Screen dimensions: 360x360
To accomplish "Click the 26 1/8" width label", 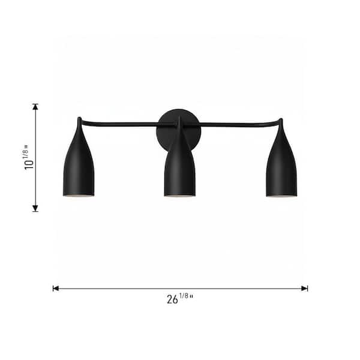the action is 180,298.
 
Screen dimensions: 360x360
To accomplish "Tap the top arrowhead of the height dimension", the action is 35,107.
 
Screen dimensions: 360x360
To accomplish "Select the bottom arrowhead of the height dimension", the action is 35,208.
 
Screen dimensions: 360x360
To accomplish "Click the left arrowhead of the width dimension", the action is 56,289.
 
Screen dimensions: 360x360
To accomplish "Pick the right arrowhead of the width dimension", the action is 305,289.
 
